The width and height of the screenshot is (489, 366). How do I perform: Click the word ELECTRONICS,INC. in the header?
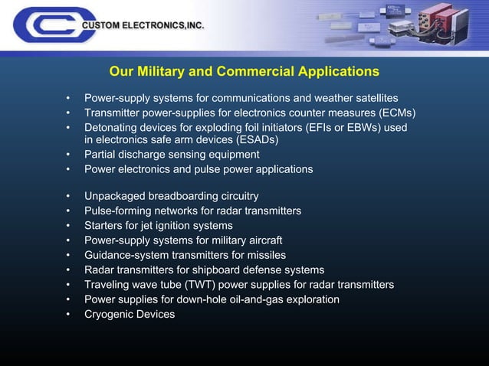[162, 26]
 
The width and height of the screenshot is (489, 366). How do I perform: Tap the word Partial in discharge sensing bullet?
[101, 155]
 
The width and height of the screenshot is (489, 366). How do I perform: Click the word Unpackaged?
[115, 196]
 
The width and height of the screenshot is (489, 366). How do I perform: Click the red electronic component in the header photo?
[447, 24]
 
